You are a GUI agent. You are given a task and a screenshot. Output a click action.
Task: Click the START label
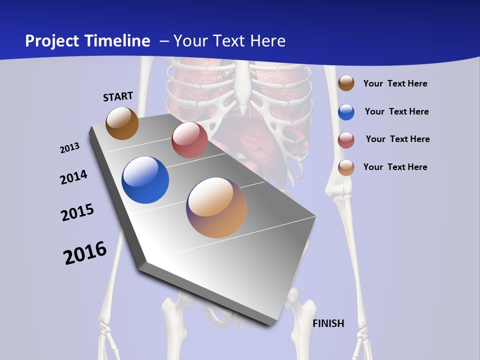[x=118, y=96]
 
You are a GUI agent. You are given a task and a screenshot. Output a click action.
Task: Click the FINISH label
[x=328, y=323]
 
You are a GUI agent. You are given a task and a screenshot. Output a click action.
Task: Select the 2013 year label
[x=69, y=148]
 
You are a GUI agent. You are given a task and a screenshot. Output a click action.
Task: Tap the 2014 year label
[x=73, y=177]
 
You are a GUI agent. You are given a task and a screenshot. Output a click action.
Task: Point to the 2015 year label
[x=77, y=212]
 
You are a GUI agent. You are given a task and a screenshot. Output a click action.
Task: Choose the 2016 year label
[x=85, y=253]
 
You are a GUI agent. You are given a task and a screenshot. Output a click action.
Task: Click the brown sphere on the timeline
[x=122, y=123]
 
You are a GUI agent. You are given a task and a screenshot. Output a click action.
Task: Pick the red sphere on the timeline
[x=189, y=140]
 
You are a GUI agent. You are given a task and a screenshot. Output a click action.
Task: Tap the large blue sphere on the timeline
[x=145, y=180]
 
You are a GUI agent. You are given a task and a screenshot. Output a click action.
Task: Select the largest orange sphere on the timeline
[x=216, y=207]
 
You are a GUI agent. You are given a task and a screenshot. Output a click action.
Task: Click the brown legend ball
[x=346, y=83]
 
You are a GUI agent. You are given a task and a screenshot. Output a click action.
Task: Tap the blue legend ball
[x=346, y=112]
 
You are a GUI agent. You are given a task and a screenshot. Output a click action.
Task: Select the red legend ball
[x=346, y=140]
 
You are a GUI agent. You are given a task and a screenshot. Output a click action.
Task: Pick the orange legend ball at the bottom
[x=346, y=167]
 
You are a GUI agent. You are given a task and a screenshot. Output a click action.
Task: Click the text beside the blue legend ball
[x=396, y=111]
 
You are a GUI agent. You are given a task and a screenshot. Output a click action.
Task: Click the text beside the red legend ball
[x=397, y=139]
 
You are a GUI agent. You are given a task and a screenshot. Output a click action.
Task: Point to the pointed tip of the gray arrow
[x=272, y=325]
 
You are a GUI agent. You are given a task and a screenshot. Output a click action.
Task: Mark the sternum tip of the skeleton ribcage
[x=243, y=111]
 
